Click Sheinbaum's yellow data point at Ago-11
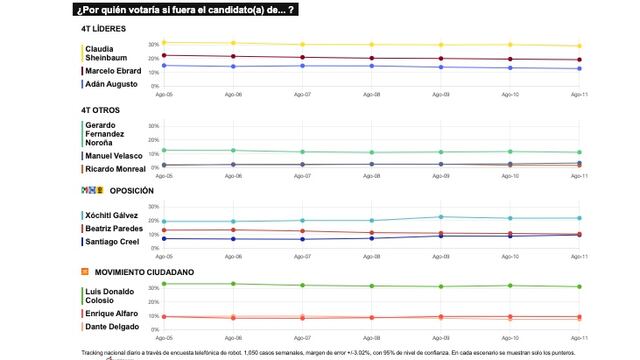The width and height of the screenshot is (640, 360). click(x=579, y=46)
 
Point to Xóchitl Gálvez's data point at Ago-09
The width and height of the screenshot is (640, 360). click(x=441, y=216)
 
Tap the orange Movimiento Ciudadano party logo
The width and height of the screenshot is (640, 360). click(x=85, y=271)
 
